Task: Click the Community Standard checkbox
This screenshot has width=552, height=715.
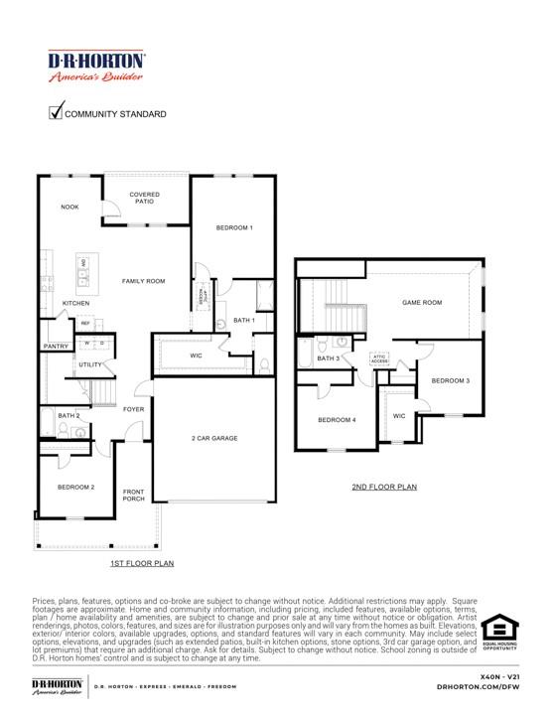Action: pyautogui.click(x=56, y=112)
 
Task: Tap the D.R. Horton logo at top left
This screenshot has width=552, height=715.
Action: pyautogui.click(x=96, y=67)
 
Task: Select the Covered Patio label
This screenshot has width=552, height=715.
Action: pyautogui.click(x=144, y=198)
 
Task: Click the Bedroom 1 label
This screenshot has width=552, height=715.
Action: pyautogui.click(x=234, y=228)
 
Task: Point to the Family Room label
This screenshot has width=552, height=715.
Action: pyautogui.click(x=143, y=281)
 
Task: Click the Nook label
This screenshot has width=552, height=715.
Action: pyautogui.click(x=70, y=207)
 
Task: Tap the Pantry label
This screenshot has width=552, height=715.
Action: pyautogui.click(x=55, y=347)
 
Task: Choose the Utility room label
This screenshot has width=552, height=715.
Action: pyautogui.click(x=90, y=364)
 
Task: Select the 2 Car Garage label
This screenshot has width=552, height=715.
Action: pyautogui.click(x=214, y=438)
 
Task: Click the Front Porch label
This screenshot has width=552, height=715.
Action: pyautogui.click(x=133, y=495)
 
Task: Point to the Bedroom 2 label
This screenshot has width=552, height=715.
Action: pyautogui.click(x=75, y=488)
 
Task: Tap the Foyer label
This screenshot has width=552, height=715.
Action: pyautogui.click(x=133, y=409)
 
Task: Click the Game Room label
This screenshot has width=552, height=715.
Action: pyautogui.click(x=421, y=302)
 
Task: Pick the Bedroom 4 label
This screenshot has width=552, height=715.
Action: pyautogui.click(x=336, y=420)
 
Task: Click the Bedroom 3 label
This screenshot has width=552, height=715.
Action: pyautogui.click(x=451, y=380)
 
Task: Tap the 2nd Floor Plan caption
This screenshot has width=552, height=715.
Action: pyautogui.click(x=383, y=488)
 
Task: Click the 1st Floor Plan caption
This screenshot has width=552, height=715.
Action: pyautogui.click(x=142, y=563)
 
